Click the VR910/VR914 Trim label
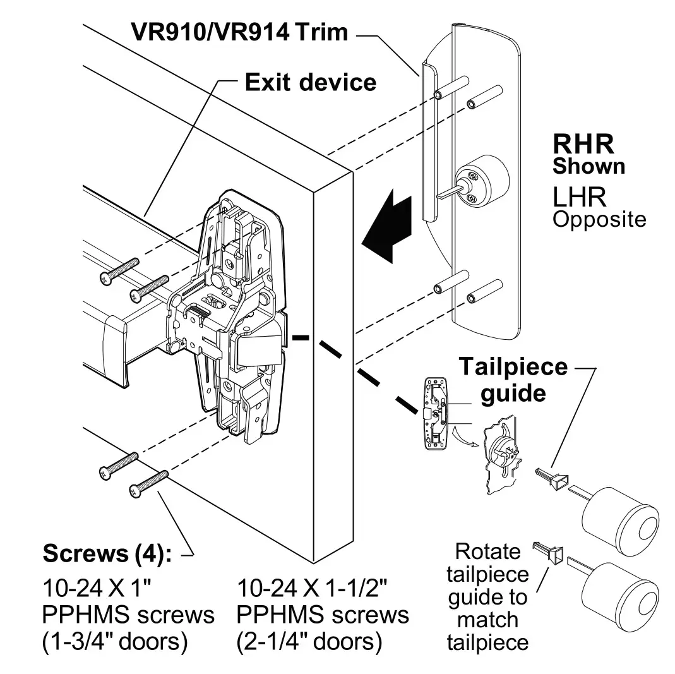[x=239, y=32]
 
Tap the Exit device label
[x=310, y=82]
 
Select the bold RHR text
[x=583, y=144]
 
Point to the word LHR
[x=579, y=197]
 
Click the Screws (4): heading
[x=107, y=553]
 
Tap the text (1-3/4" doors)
[x=115, y=642]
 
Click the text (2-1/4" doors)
[x=309, y=642]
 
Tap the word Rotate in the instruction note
[x=487, y=551]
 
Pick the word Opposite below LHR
[x=599, y=220]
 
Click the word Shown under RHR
[x=588, y=166]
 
